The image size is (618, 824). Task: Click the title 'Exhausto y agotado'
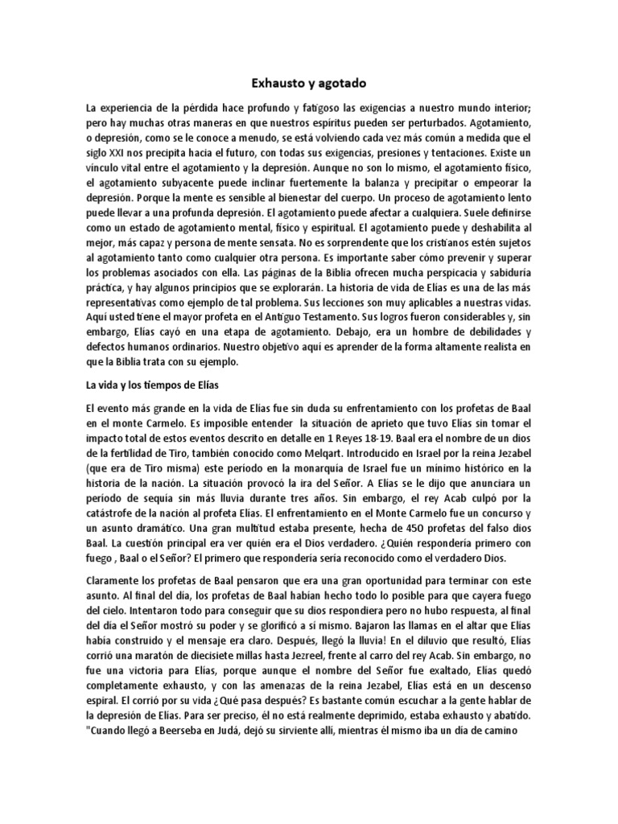[309, 82]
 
